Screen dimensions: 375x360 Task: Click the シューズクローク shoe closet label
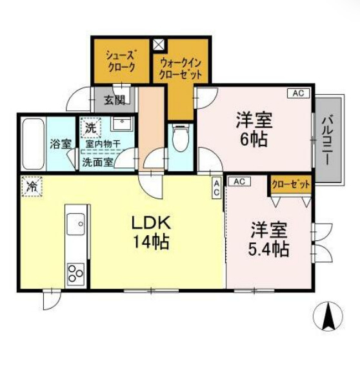(121, 61)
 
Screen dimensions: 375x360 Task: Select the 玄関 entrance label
(123, 100)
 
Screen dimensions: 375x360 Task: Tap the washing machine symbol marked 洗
(90, 128)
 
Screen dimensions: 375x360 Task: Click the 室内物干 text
(103, 144)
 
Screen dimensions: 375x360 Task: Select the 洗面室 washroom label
(97, 162)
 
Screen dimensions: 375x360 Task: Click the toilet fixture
(181, 137)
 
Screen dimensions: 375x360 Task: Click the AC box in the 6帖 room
(297, 93)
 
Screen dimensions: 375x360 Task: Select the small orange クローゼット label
(290, 184)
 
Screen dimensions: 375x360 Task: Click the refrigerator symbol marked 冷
(30, 187)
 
